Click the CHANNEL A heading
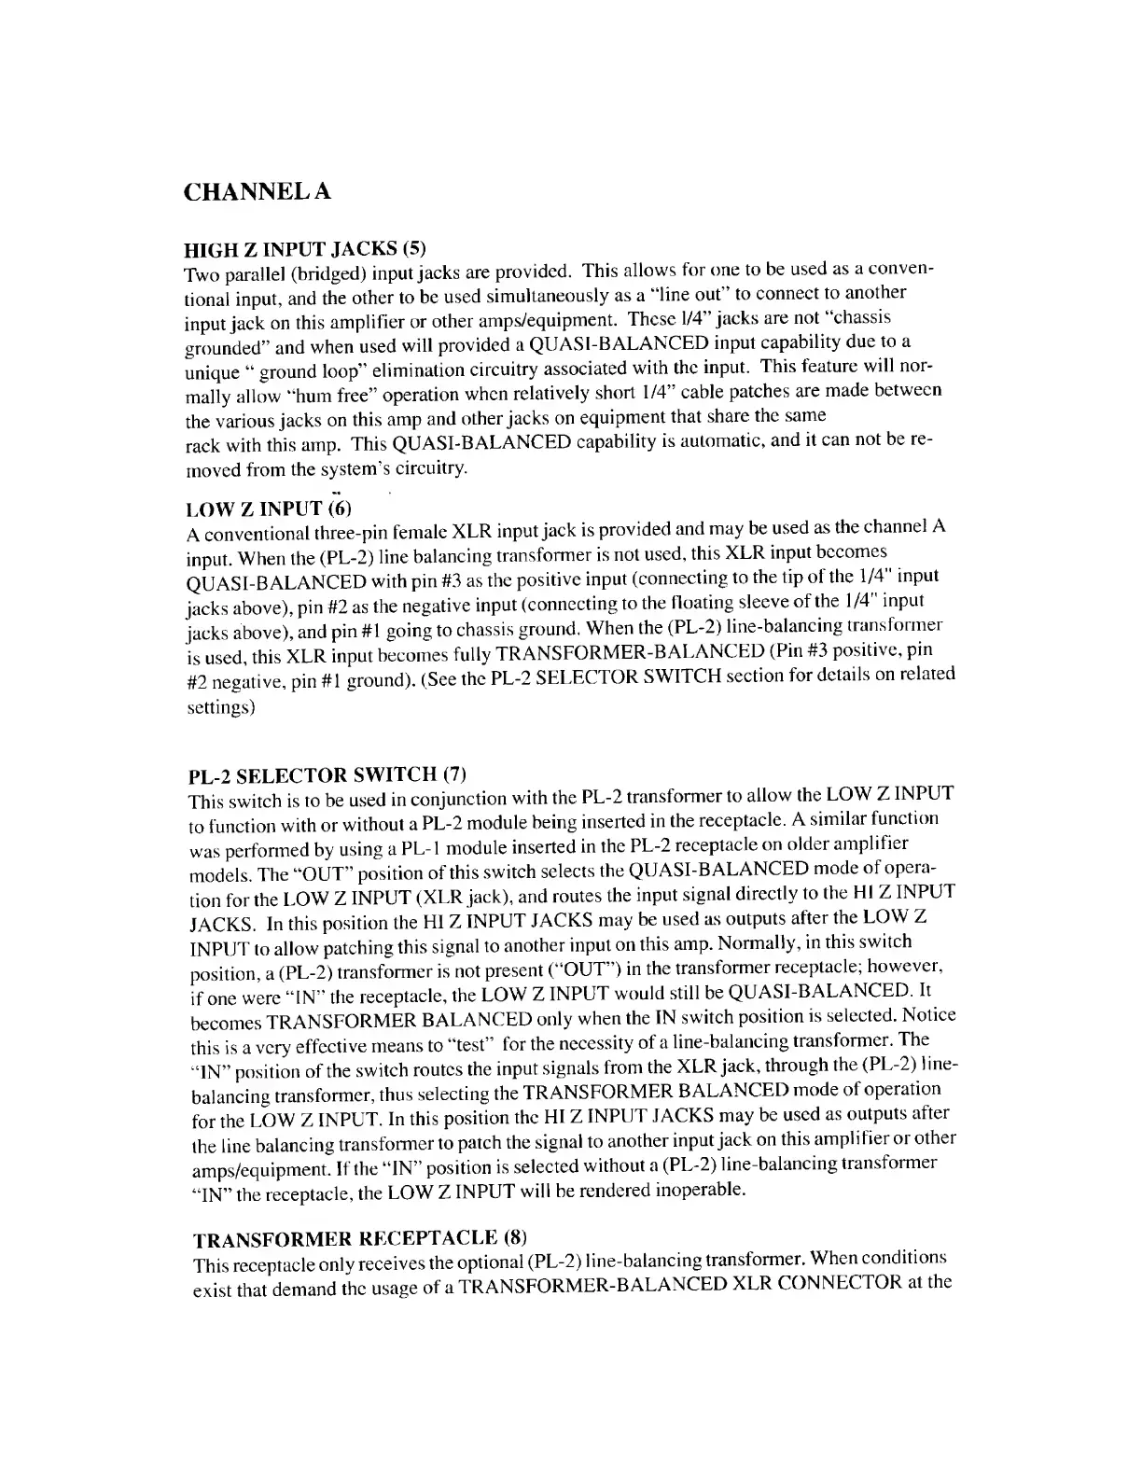coord(258,191)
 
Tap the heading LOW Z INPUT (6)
coord(270,508)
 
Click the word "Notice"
coord(928,1014)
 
